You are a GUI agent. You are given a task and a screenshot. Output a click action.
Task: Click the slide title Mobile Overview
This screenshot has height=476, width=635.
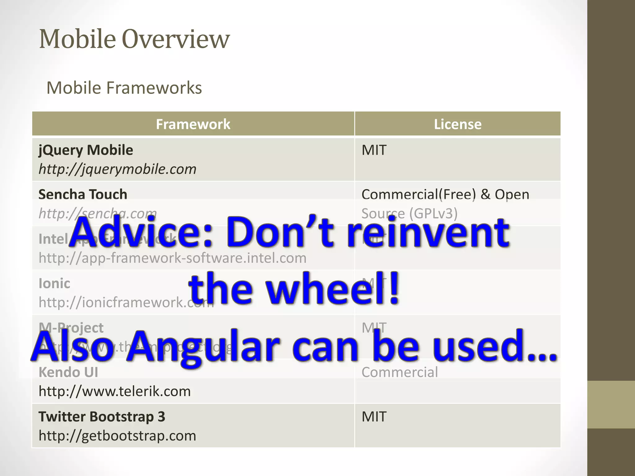[x=134, y=39]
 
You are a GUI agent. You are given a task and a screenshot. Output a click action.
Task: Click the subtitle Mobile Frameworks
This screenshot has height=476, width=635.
[x=124, y=88]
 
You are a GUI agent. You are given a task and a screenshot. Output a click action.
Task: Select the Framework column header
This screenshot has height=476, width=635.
[x=193, y=124]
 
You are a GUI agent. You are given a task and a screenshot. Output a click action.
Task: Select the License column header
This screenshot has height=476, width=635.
[x=458, y=124]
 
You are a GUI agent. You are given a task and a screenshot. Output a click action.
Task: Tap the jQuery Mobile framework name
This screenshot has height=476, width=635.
[x=86, y=150]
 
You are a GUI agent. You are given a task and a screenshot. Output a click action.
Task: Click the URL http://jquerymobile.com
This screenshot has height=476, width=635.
[x=117, y=169]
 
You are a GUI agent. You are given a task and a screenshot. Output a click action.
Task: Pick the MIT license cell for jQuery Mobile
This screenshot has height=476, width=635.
[x=374, y=150]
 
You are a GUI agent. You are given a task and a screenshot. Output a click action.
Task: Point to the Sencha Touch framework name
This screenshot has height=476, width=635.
[x=83, y=194]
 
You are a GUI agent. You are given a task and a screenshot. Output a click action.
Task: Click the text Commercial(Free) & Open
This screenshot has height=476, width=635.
[x=445, y=194]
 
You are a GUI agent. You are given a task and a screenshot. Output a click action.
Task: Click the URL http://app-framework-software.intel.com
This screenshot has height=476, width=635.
[x=172, y=258]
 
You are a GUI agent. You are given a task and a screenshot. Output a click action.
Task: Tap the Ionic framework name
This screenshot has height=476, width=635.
[x=54, y=283]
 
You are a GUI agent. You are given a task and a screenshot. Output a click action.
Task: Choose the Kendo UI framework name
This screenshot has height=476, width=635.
[x=68, y=372]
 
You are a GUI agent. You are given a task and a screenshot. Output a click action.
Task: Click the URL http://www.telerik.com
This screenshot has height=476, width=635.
[x=114, y=391]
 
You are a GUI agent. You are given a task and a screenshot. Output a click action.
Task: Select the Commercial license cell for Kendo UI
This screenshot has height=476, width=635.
[x=399, y=372]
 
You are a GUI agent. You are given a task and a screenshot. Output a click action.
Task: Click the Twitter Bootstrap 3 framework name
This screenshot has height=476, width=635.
[x=102, y=416]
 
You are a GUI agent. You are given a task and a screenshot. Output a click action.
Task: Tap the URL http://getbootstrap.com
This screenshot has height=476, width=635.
[x=117, y=436]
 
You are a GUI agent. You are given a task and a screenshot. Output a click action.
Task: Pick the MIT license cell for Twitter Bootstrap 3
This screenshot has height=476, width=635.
[x=374, y=417]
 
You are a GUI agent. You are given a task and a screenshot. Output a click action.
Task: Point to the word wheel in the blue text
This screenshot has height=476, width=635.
[x=331, y=289]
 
